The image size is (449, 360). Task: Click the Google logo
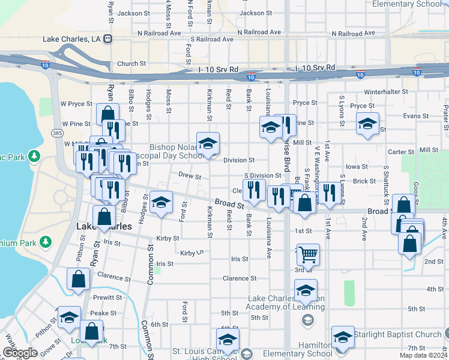(x=21, y=353)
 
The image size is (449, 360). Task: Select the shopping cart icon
(x=308, y=254)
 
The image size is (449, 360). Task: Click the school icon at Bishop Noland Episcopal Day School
(x=208, y=144)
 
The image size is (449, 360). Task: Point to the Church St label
(x=131, y=64)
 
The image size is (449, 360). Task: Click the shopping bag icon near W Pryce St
(x=107, y=113)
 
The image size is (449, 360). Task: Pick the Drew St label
(x=190, y=175)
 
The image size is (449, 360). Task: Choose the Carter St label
(x=402, y=152)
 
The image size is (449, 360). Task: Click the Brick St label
(x=364, y=181)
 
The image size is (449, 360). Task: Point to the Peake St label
(x=103, y=313)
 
